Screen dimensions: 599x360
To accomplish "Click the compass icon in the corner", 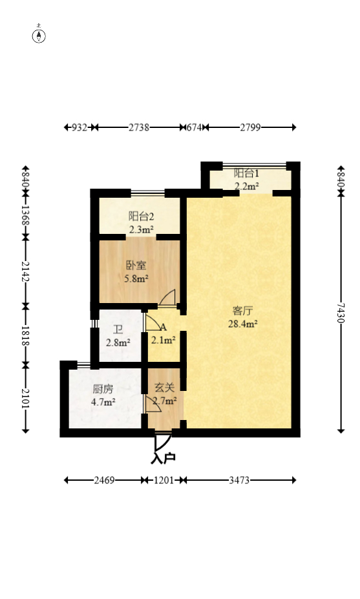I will click(39, 35).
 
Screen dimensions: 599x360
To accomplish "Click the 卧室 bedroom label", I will click(136, 266).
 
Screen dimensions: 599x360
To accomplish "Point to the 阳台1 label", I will click(246, 173).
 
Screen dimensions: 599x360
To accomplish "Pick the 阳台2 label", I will click(140, 216).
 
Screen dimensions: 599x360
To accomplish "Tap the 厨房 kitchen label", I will click(103, 389).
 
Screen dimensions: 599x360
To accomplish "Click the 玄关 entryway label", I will click(164, 388).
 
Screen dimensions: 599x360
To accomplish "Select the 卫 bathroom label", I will click(118, 329).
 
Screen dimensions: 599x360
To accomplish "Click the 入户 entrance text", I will click(163, 458).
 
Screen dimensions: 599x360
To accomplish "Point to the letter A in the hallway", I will click(164, 328).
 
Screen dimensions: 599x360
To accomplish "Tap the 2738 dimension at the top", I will click(138, 127).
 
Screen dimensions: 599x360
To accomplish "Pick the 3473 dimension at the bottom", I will click(238, 480).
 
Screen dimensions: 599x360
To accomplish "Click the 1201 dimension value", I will click(164, 480).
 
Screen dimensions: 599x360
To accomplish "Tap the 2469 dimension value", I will click(104, 480).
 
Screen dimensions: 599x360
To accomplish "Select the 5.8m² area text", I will click(136, 278).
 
